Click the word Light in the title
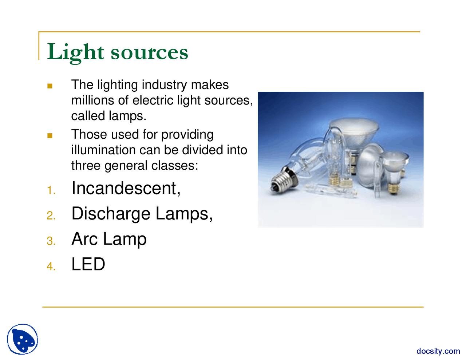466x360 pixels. (x=75, y=52)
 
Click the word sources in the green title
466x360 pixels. (x=149, y=52)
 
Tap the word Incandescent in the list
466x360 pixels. (x=126, y=188)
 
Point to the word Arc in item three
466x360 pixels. (x=84, y=239)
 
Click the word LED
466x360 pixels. (x=88, y=264)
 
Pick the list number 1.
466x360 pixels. (x=51, y=190)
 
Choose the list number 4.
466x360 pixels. (x=51, y=266)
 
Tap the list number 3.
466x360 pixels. (x=51, y=241)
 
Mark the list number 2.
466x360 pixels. (x=51, y=216)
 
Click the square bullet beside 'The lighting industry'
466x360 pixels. (x=50, y=86)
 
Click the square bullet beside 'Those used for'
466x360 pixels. (x=50, y=136)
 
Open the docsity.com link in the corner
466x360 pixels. (x=438, y=351)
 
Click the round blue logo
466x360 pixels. (x=23, y=339)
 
